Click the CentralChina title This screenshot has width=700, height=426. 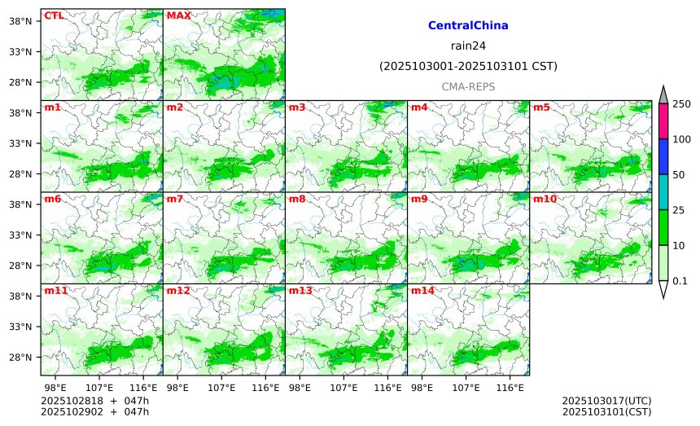(x=468, y=26)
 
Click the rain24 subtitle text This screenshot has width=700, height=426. (x=468, y=46)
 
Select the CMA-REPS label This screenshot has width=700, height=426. (x=468, y=86)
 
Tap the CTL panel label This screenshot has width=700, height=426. (x=54, y=15)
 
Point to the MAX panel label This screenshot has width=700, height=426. (x=178, y=15)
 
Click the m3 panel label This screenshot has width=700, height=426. (x=297, y=108)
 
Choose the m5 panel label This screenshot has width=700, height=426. (x=541, y=108)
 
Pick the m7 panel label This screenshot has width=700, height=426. (x=175, y=199)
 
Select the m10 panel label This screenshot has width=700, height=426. (x=545, y=199)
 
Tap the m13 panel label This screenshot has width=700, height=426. (x=300, y=291)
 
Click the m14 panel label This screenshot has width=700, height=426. (x=422, y=291)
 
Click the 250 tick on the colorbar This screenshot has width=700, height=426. (x=681, y=103)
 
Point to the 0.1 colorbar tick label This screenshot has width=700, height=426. (x=680, y=281)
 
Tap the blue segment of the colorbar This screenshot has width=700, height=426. (x=663, y=156)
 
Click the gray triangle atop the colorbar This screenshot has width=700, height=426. (x=663, y=95)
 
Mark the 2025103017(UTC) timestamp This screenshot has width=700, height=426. (x=606, y=401)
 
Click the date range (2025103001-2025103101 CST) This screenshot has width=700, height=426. (x=468, y=66)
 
